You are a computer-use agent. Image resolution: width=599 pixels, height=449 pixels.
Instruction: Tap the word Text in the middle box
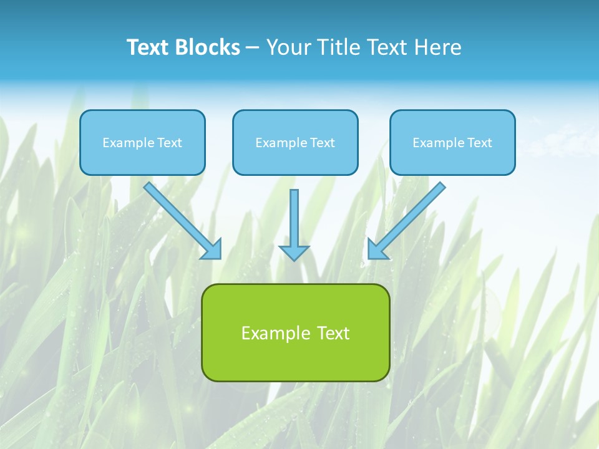click(323, 143)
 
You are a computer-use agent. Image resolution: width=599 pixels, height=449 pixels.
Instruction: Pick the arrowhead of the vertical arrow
click(294, 253)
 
